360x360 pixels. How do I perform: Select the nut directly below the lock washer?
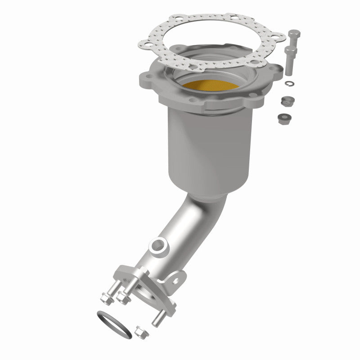[284, 100]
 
